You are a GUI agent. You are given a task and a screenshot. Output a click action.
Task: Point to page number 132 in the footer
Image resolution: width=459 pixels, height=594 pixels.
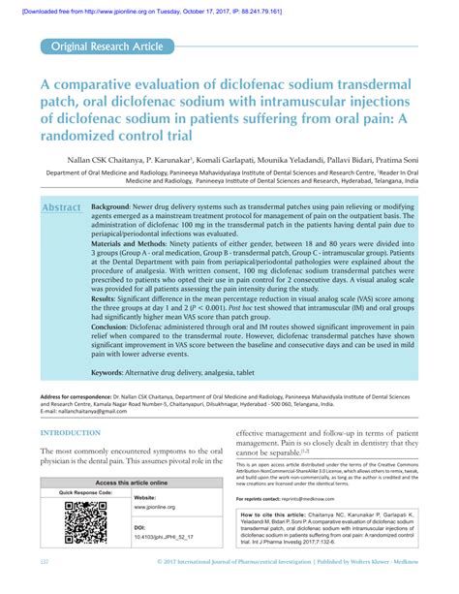(x=45, y=587)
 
